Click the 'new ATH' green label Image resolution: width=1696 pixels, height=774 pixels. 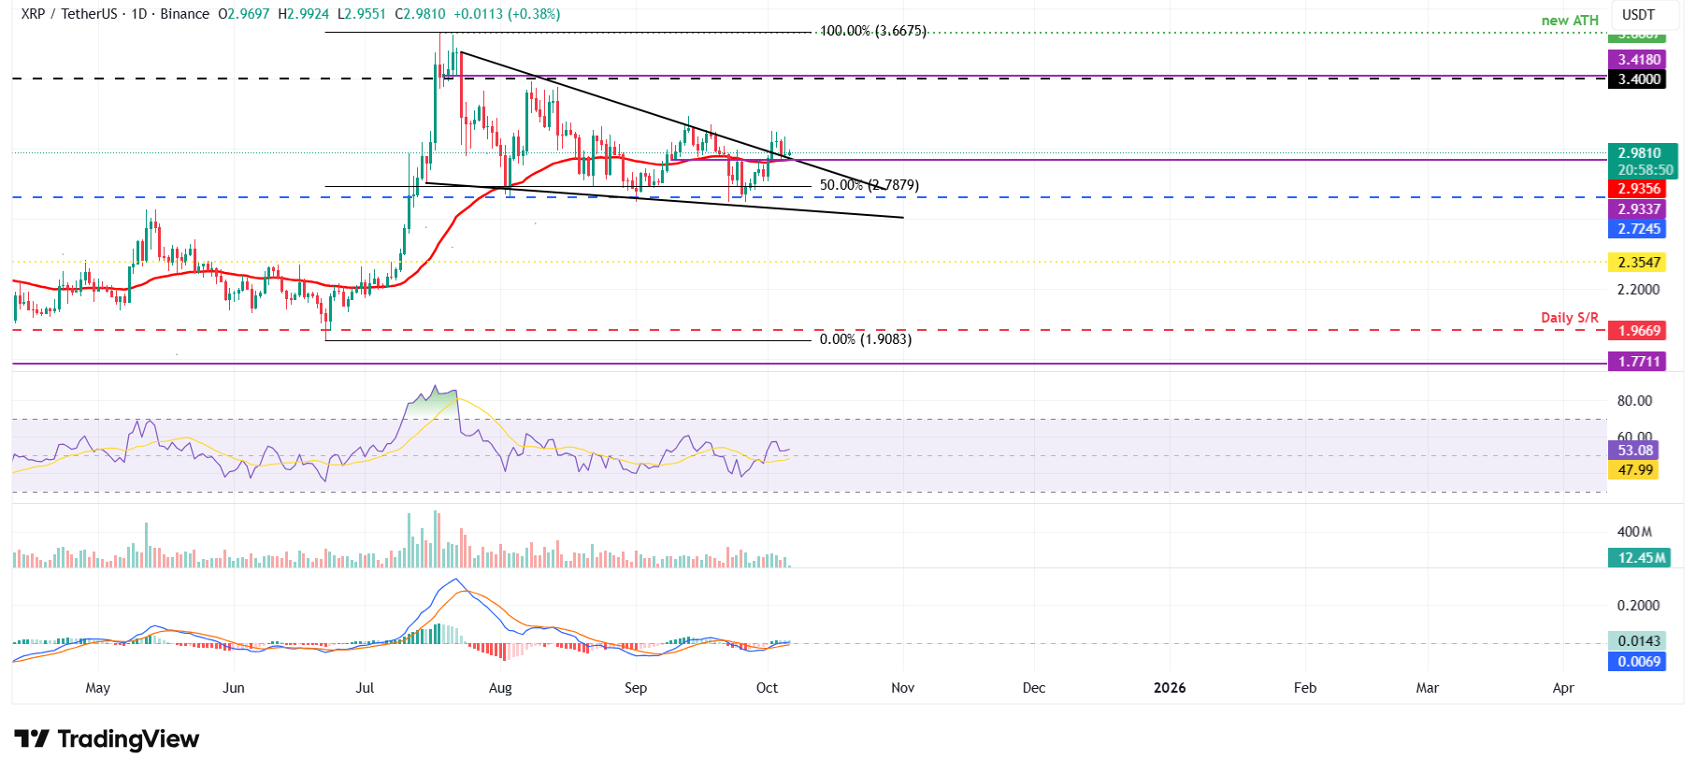tap(1570, 21)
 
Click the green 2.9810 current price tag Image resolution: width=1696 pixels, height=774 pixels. tap(1642, 153)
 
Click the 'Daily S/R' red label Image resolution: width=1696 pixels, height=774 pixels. tap(1570, 318)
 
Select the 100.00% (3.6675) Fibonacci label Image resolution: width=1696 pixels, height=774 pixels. tap(873, 31)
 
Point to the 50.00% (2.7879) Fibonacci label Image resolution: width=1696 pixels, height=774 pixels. tap(869, 185)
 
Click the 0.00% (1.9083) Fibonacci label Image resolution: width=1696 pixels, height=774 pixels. tap(865, 339)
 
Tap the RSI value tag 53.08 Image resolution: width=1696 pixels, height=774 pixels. tap(1634, 451)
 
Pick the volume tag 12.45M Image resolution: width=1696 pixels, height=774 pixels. tap(1642, 558)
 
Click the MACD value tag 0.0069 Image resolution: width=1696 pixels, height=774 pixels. tap(1639, 662)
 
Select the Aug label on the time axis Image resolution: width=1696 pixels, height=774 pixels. tap(500, 688)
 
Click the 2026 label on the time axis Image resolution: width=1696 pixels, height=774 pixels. tap(1169, 688)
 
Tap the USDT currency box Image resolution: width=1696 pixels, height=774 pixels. tap(1638, 15)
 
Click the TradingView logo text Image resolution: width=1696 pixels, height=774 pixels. tap(128, 739)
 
